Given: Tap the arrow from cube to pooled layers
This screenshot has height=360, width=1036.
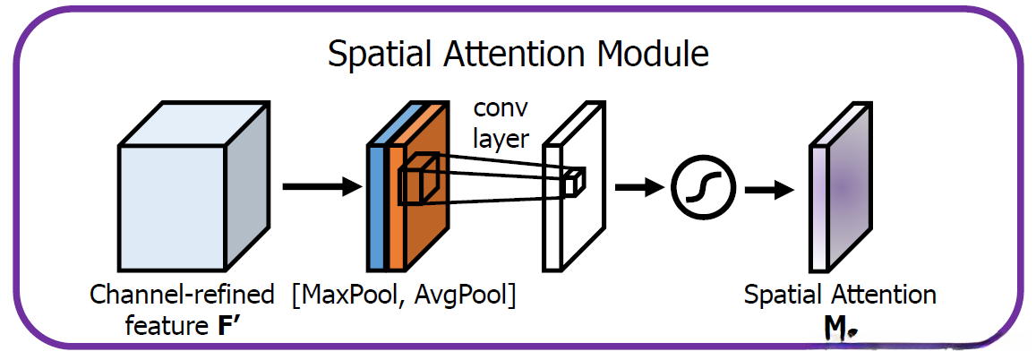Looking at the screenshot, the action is (323, 187).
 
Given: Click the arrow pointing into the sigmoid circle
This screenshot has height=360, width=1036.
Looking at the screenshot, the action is (639, 187).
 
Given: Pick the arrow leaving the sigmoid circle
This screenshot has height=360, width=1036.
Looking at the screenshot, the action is (770, 190).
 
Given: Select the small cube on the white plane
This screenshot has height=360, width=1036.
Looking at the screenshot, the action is (574, 183).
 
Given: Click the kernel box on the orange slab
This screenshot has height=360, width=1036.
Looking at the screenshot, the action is (417, 178).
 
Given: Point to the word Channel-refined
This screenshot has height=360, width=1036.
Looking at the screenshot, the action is (183, 294).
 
